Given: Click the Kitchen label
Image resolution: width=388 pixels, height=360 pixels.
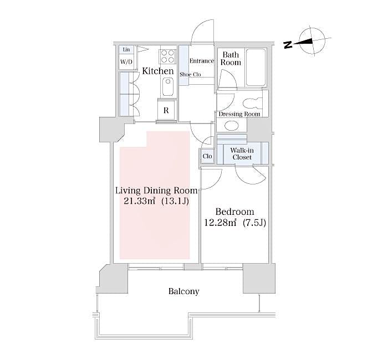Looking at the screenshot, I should [158, 71].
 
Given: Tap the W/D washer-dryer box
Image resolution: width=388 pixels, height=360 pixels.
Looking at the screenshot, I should [126, 62].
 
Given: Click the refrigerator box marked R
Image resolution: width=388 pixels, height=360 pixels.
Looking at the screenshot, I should [166, 110].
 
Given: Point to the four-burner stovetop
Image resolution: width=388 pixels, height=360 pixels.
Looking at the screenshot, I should [167, 57].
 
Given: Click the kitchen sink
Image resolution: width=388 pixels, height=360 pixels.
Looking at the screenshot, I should [167, 86].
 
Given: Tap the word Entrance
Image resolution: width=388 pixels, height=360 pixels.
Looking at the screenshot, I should [202, 61].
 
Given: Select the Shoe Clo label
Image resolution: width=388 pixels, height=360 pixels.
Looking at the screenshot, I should [190, 74].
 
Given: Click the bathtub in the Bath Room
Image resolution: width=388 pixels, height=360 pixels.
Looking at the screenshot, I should [256, 68].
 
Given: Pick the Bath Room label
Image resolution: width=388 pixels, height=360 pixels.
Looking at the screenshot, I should [231, 59].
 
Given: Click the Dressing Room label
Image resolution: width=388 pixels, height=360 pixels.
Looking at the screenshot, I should [239, 114].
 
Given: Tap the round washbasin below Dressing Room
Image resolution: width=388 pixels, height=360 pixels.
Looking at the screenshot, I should [232, 125].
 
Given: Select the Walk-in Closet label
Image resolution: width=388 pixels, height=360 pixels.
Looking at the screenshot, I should [242, 153].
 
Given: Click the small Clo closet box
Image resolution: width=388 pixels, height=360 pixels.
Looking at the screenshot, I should [207, 156].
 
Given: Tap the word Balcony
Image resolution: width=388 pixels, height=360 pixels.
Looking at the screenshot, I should [184, 291].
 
